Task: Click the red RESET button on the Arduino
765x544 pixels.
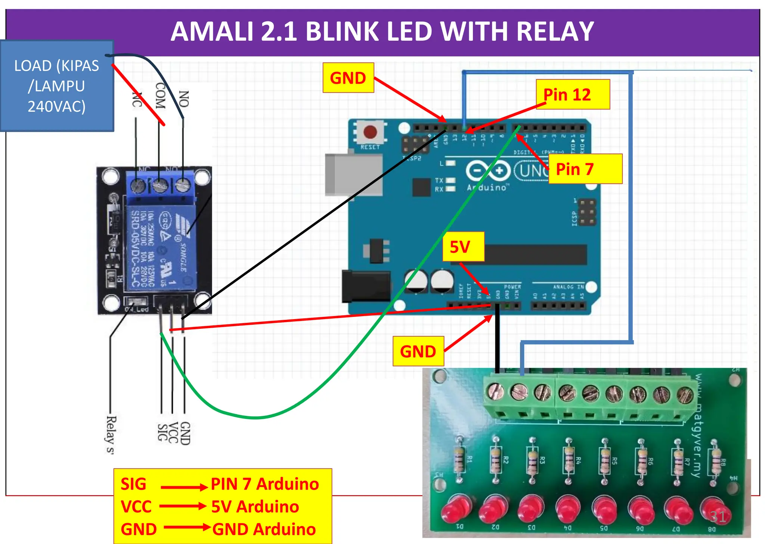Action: coord(370,132)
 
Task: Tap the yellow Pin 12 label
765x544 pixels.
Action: coord(572,95)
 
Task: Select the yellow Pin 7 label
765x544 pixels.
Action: coord(585,169)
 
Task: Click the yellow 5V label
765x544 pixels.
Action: coord(463,247)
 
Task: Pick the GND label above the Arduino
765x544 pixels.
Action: coord(348,78)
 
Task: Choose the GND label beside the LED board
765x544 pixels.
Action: coord(418,351)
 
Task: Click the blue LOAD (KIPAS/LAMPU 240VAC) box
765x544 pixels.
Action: coord(57,86)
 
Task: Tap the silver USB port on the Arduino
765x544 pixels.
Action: coord(353,174)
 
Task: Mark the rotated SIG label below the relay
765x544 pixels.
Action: coord(162,433)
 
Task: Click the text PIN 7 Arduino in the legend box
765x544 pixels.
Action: coord(264,484)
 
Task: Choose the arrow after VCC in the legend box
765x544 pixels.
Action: coord(183,507)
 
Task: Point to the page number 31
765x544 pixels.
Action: coord(718,516)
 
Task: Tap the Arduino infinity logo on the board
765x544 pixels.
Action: coord(488,171)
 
